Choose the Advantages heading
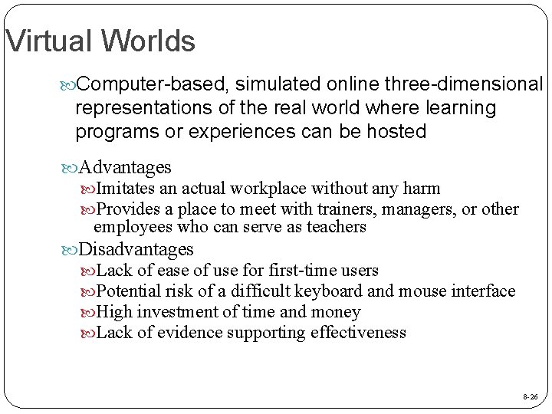[x=125, y=167]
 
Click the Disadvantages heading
[x=136, y=249]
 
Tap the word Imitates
[x=127, y=189]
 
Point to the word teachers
[x=336, y=227]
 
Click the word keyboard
[x=327, y=291]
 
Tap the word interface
[x=485, y=291]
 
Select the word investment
[x=182, y=312]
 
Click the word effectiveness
[x=358, y=333]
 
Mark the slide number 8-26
[x=530, y=397]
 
